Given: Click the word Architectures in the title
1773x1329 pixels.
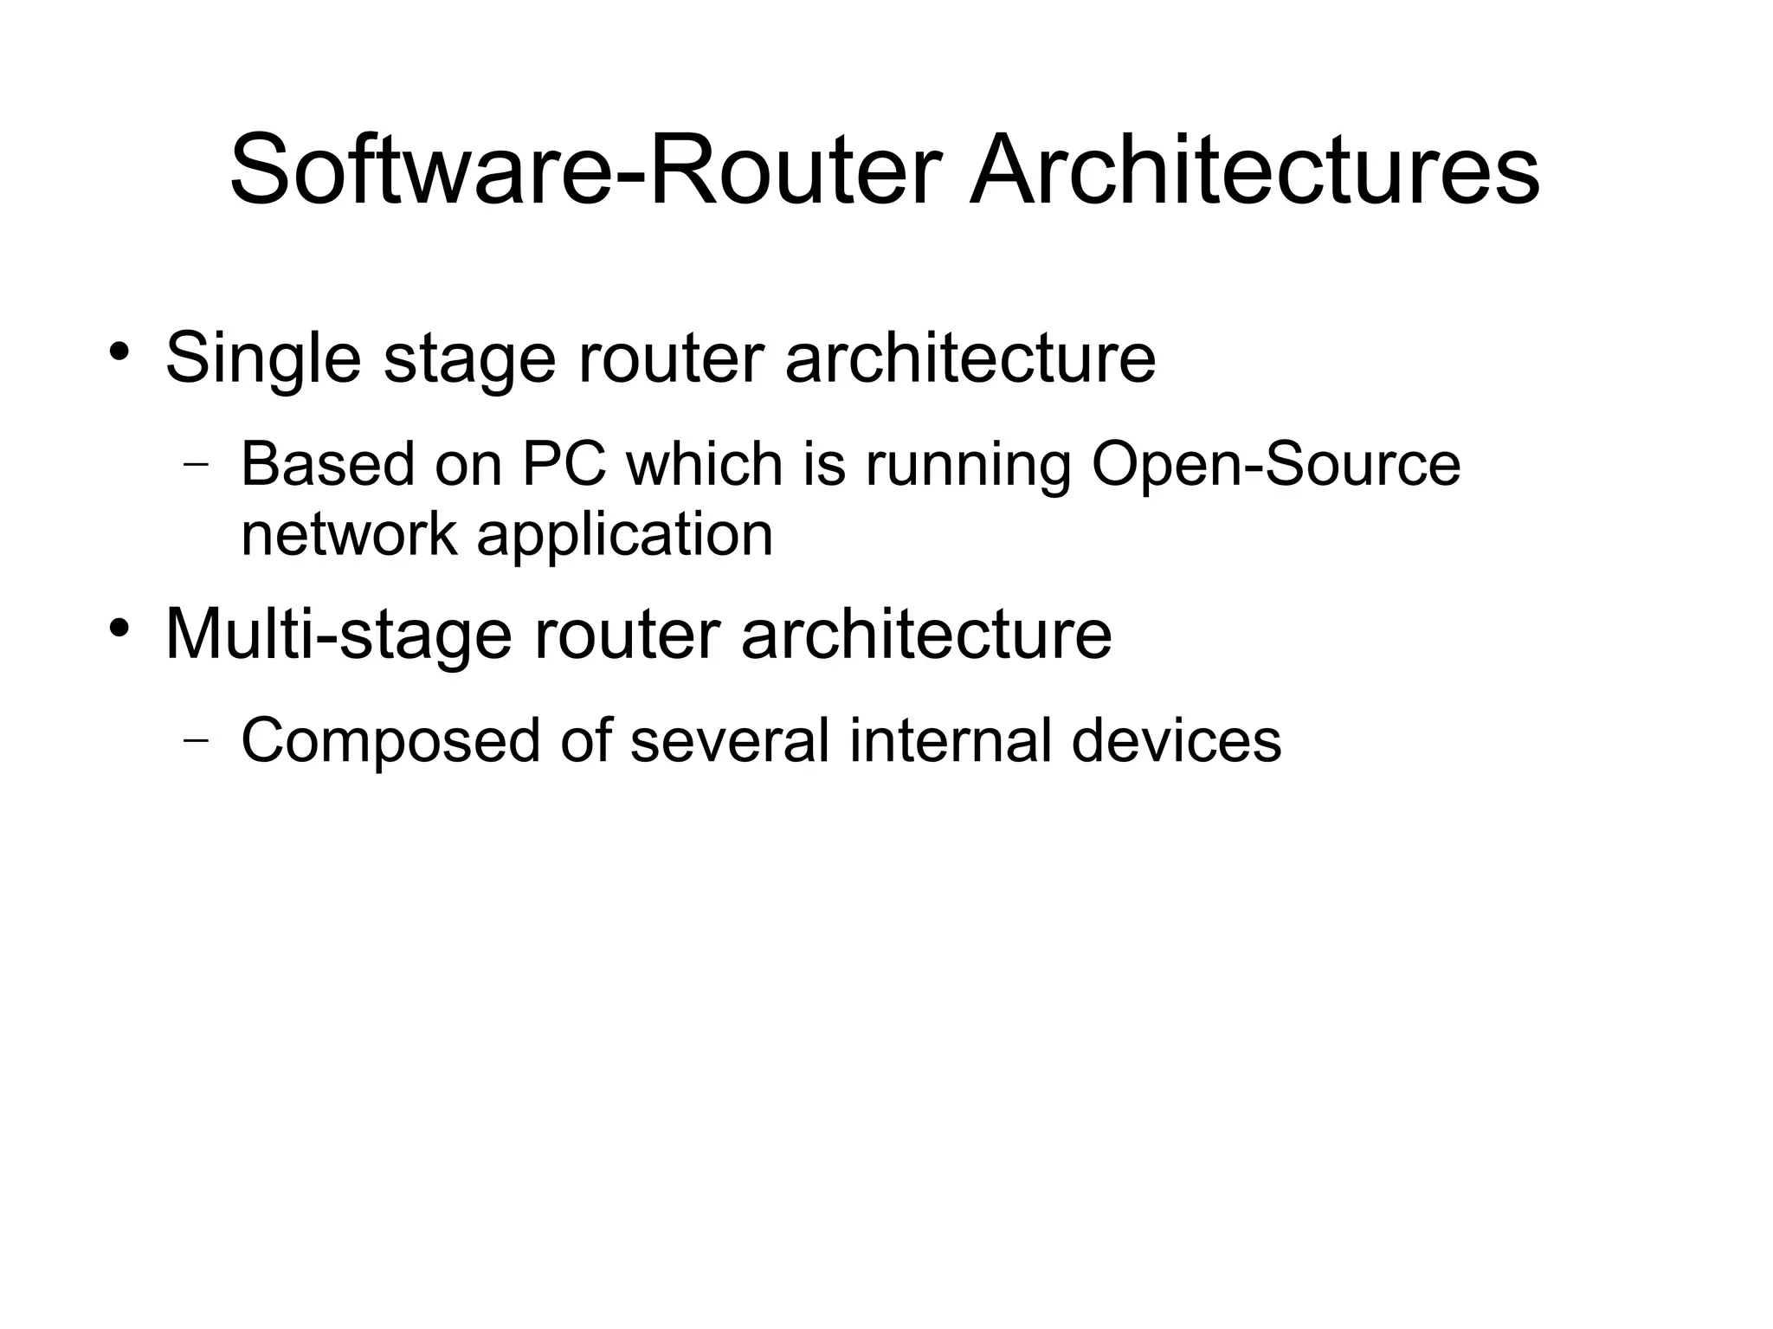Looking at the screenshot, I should [x=1254, y=171].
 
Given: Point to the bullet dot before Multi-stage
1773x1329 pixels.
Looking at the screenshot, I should [x=119, y=627].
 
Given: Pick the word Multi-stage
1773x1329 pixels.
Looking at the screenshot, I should [x=338, y=635].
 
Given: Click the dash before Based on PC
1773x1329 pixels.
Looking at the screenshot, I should [x=197, y=463].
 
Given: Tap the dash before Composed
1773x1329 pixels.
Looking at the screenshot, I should [x=197, y=739].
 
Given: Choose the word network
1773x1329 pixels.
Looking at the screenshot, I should [x=349, y=534].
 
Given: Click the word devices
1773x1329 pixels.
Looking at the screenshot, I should [x=1176, y=741].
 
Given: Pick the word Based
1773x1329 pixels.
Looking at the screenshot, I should [x=328, y=465].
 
